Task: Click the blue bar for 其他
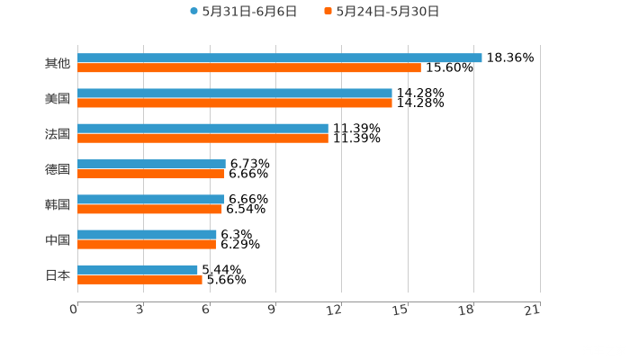(279, 58)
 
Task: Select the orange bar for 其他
(248, 67)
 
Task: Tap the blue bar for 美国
(234, 93)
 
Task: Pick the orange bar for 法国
(202, 138)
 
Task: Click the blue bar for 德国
(151, 164)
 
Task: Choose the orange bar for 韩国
(149, 209)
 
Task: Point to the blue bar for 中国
(147, 234)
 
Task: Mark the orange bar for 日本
(139, 279)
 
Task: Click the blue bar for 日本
(138, 269)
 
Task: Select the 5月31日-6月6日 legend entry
(243, 12)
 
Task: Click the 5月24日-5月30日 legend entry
(382, 12)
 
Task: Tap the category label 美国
(57, 98)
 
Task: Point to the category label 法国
(57, 133)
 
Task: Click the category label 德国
(57, 169)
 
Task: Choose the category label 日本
(57, 274)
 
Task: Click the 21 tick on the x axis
(533, 310)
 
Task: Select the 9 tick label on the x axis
(272, 310)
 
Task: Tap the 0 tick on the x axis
(74, 310)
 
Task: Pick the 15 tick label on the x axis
(400, 310)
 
